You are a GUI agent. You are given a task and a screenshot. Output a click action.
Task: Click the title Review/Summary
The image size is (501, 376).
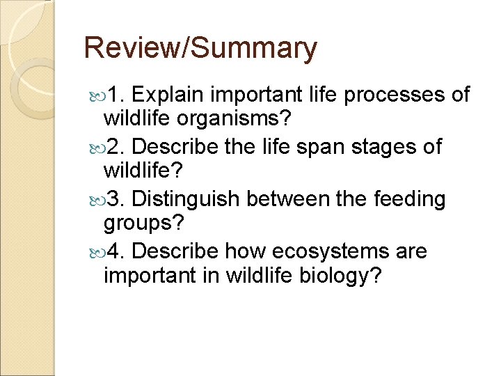point(200,49)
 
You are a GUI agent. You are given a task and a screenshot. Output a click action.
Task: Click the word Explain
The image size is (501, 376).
point(170,95)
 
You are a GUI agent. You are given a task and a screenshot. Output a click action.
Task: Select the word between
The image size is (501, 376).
point(286,199)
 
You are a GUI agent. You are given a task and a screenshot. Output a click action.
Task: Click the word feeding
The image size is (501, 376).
point(411,199)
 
